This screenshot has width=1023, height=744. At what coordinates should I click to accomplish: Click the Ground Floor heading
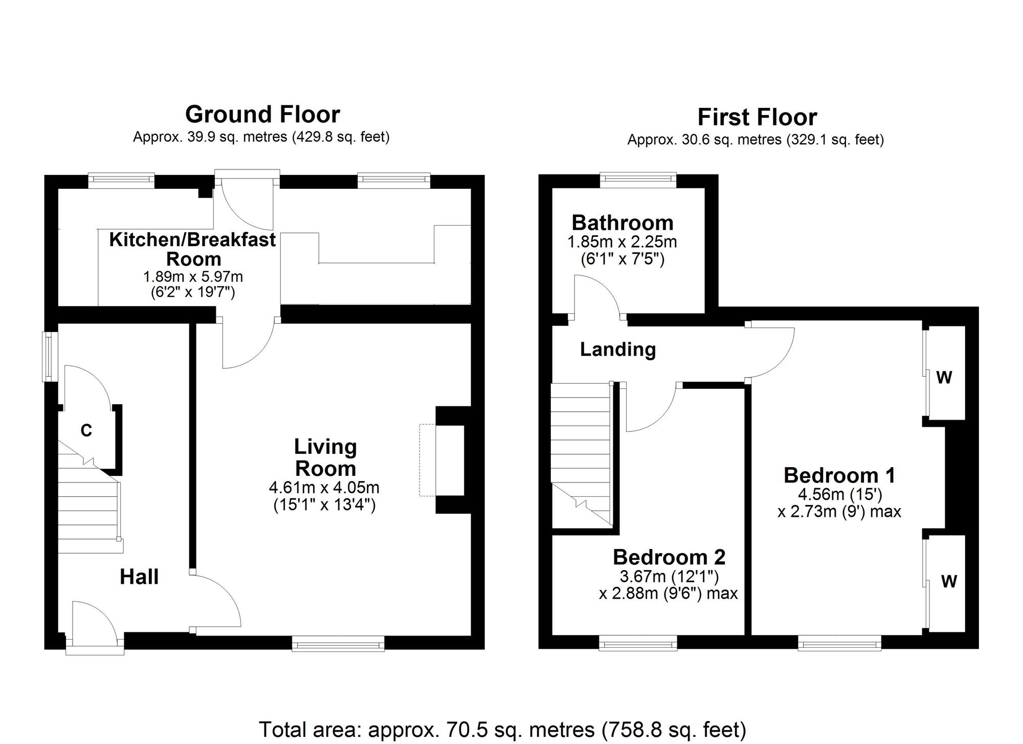tap(262, 115)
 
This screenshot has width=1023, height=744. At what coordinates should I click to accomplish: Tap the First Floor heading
tap(757, 117)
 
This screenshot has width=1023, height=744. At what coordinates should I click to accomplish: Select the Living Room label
tap(325, 457)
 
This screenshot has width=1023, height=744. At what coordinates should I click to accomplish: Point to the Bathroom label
tap(622, 223)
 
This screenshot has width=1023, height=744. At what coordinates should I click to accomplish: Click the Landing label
tap(618, 349)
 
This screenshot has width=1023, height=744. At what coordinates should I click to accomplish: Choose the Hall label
tap(139, 577)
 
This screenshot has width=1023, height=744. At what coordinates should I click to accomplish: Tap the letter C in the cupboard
tap(86, 431)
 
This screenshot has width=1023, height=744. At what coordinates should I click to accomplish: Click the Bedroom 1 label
tap(839, 475)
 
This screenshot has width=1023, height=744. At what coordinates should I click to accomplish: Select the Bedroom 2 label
tap(669, 557)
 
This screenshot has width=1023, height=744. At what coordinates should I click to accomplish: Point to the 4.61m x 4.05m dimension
tap(324, 487)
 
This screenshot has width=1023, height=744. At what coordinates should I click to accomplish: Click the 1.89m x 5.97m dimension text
tap(193, 277)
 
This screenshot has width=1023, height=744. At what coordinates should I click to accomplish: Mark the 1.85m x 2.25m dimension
tap(622, 242)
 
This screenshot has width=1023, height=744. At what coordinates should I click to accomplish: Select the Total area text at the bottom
tap(502, 729)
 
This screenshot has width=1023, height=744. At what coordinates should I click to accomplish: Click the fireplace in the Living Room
tap(450, 459)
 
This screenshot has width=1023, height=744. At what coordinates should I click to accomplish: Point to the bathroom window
tap(638, 178)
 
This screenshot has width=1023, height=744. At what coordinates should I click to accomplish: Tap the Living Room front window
tap(338, 643)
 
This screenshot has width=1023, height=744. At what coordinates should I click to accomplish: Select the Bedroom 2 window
tap(638, 643)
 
